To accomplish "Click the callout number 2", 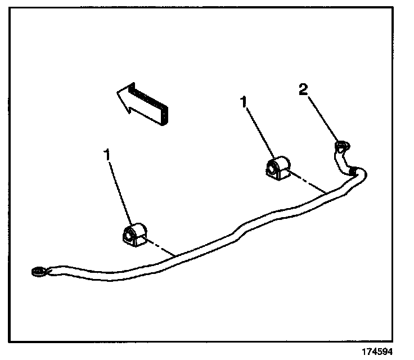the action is point(303,90).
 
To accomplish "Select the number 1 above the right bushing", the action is point(243,102).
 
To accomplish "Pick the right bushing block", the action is point(277,168).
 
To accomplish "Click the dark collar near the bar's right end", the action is point(352,168).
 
